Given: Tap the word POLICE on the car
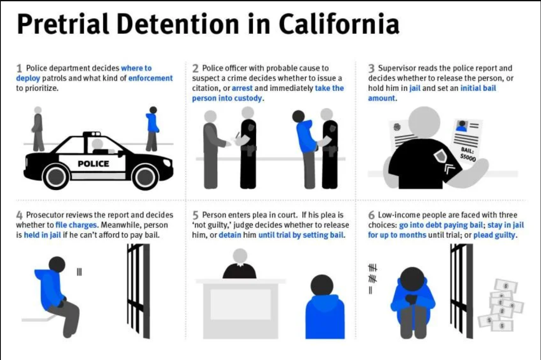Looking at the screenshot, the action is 94,163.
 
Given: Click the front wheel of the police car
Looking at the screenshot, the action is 145,177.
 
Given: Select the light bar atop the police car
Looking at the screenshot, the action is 91,133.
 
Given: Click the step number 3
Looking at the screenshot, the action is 371,68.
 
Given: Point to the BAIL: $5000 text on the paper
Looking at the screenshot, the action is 468,155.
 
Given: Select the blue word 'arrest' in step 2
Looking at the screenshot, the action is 242,88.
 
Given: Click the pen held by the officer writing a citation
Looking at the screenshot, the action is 237,135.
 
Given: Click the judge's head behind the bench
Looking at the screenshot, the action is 240,256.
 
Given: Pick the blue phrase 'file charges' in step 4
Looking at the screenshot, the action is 76,225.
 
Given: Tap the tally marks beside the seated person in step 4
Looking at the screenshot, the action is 79,272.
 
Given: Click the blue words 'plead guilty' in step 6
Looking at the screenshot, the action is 494,235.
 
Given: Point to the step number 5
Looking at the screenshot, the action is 196,215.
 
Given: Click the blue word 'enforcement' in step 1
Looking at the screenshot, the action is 150,78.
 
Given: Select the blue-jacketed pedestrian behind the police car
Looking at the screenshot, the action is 152,129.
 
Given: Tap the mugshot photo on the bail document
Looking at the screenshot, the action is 462,126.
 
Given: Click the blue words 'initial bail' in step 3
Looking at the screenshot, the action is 478,88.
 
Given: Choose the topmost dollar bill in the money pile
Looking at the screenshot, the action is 506,286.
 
